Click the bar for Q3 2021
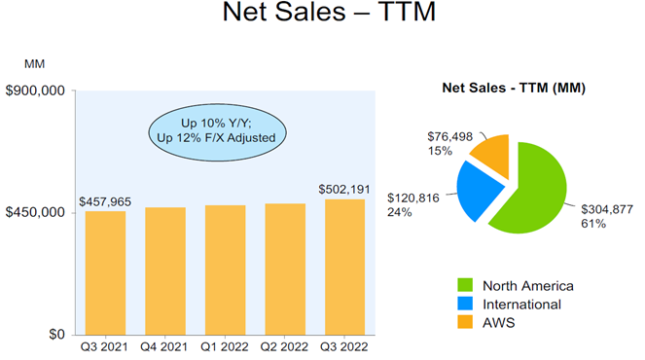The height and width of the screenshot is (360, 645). (105, 272)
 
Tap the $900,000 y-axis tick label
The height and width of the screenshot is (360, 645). (35, 91)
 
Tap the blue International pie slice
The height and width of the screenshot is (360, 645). (484, 190)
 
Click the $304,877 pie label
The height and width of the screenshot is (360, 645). (607, 209)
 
